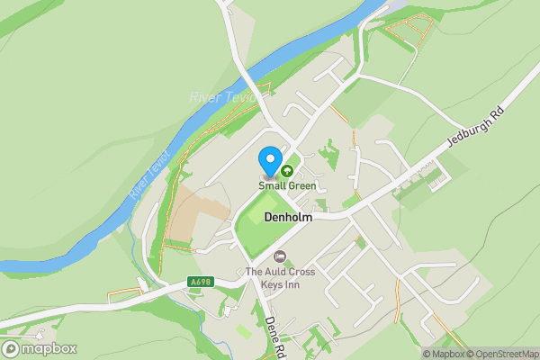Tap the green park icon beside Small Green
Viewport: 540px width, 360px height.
pos(288,170)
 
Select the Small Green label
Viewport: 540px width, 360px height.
pos(287,186)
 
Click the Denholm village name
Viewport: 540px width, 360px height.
pos(288,217)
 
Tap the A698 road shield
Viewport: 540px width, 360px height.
pos(200,282)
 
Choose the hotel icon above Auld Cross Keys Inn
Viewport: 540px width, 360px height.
pos(279,257)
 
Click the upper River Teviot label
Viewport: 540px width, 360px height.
pos(222,96)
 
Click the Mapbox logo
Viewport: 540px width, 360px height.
pos(40,348)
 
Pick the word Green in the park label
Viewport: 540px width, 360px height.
pos(301,186)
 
